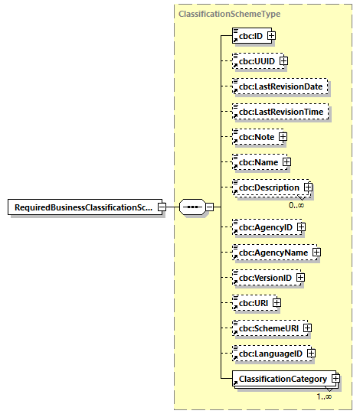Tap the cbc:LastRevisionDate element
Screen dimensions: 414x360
(x=281, y=86)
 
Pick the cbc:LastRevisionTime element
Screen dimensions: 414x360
(x=281, y=112)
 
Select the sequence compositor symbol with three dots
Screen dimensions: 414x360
(x=191, y=207)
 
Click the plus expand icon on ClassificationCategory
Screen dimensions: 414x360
(x=335, y=379)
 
